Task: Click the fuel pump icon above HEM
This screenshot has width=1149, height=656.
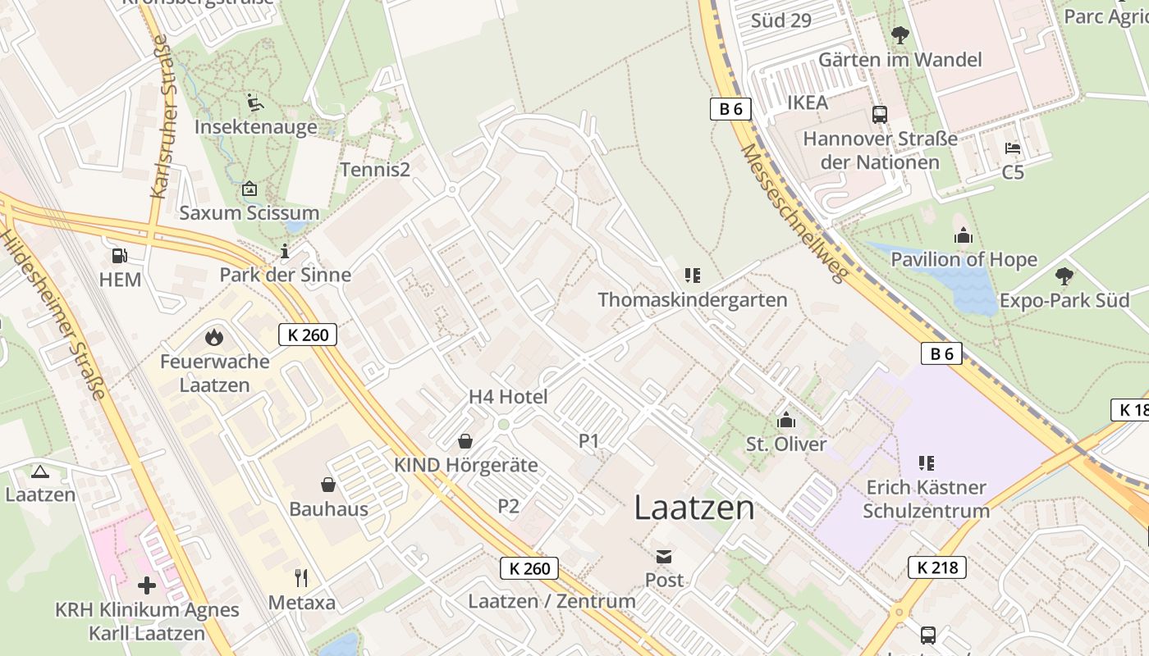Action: click(x=119, y=256)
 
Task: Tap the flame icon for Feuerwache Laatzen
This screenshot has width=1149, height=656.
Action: click(x=214, y=337)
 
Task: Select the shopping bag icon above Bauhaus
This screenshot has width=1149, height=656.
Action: click(x=328, y=485)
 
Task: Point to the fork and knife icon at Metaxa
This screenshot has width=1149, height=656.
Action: click(x=301, y=578)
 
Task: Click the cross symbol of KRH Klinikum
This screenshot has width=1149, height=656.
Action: click(x=147, y=585)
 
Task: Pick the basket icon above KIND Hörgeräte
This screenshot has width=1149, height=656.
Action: click(x=465, y=441)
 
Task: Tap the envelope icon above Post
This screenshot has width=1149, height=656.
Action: click(x=663, y=556)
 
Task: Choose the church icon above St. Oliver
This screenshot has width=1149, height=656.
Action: click(x=786, y=420)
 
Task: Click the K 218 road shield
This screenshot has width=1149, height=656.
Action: click(x=936, y=567)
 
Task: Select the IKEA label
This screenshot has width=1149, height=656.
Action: click(x=808, y=102)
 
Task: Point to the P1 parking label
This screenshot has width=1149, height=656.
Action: click(x=589, y=441)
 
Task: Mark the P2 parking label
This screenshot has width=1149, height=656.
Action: click(x=509, y=506)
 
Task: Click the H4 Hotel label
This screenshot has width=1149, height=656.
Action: click(x=508, y=397)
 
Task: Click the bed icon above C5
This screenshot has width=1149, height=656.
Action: click(x=1013, y=148)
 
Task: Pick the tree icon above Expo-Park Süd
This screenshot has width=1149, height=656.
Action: click(x=1064, y=276)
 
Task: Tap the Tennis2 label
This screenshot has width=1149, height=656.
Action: click(x=375, y=169)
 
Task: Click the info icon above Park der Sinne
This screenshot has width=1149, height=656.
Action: click(x=285, y=251)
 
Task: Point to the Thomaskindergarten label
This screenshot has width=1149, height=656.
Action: click(x=693, y=300)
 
